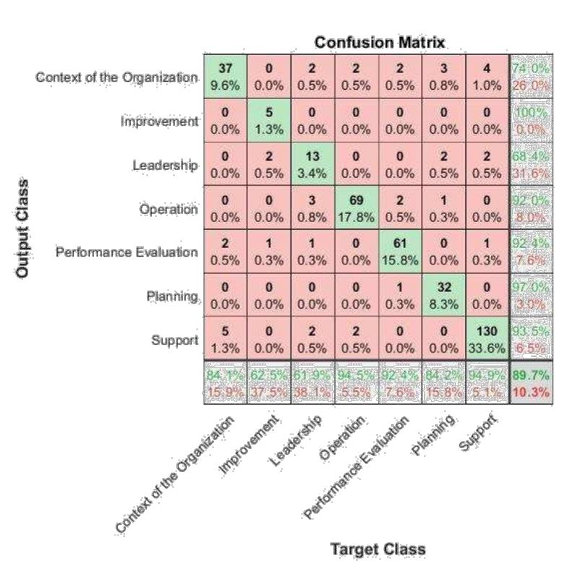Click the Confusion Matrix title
[x=380, y=43]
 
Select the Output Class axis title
[x=23, y=228]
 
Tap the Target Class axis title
[x=378, y=549]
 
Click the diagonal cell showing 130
[x=488, y=338]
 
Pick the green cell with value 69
[x=356, y=208]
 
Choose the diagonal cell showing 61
[x=400, y=251]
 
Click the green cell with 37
[x=225, y=77]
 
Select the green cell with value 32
[x=444, y=295]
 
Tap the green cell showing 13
[x=313, y=165]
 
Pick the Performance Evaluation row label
[x=126, y=252]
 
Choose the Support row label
[x=175, y=339]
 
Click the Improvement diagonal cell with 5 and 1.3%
[x=269, y=121]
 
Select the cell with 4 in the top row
[x=488, y=77]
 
